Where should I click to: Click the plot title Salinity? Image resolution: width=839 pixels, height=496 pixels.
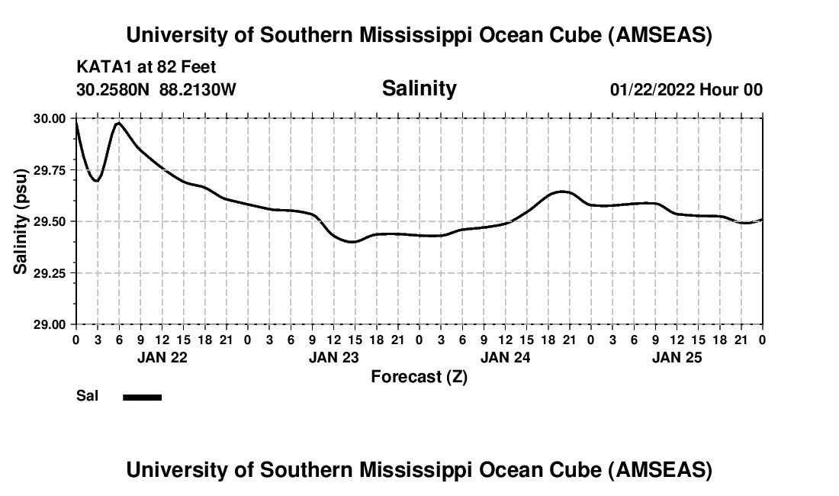coord(419,89)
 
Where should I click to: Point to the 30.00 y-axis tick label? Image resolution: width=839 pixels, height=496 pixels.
coord(49,118)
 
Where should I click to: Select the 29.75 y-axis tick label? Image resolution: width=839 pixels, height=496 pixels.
coord(49,170)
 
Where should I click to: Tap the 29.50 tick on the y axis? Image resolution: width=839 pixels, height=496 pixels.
coord(49,221)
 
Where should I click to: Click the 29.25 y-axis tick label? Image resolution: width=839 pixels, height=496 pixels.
coord(49,273)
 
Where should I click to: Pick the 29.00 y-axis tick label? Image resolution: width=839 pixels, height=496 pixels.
coord(49,324)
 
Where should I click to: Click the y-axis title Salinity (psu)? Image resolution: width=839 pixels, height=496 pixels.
coord(21,221)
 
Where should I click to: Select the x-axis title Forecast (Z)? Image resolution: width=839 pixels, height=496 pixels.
coord(419,376)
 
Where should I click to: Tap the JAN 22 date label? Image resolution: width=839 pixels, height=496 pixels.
coord(162,357)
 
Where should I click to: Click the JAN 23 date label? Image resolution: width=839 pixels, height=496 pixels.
coord(333,357)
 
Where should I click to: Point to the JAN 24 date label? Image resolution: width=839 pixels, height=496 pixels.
coord(505,357)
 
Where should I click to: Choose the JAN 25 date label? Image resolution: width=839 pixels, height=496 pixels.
coord(677,357)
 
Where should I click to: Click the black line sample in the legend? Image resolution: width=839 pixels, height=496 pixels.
coord(142,397)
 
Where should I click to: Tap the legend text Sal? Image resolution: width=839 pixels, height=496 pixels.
coord(87,396)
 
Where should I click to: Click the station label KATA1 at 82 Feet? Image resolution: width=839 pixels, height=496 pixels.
coord(146,68)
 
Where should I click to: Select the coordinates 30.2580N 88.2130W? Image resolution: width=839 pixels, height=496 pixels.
coord(156,89)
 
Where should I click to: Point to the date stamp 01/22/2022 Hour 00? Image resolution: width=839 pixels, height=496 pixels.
coord(686,89)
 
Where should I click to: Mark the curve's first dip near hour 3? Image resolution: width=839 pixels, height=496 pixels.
coord(96,180)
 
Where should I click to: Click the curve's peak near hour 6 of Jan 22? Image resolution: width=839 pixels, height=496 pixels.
coord(118,122)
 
